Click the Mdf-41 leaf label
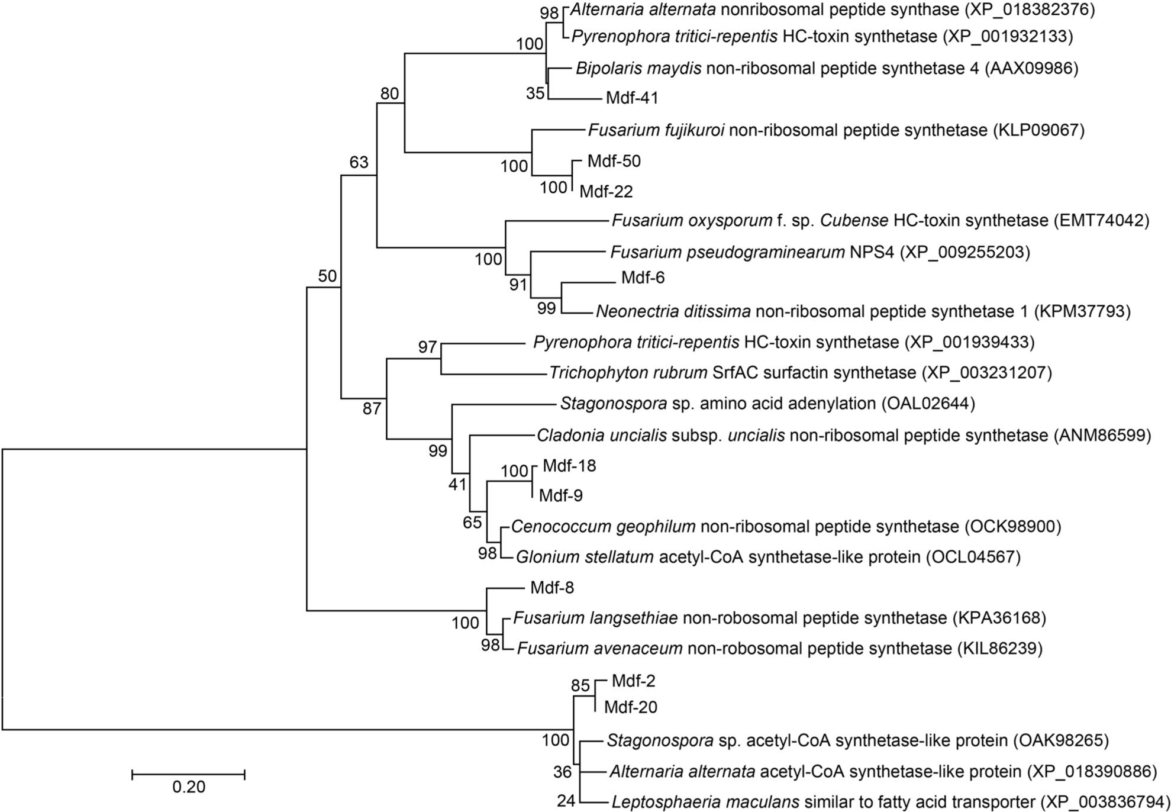[632, 98]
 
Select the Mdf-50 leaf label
[614, 161]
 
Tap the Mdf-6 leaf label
[643, 278]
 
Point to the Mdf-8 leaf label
[552, 588]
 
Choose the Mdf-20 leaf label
[631, 707]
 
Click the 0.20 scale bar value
[189, 787]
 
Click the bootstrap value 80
[390, 93]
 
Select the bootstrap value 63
[359, 162]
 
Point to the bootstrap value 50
[327, 275]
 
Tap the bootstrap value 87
[372, 408]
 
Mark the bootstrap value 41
[457, 484]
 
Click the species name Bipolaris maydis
[638, 69]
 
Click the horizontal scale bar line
[188, 774]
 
